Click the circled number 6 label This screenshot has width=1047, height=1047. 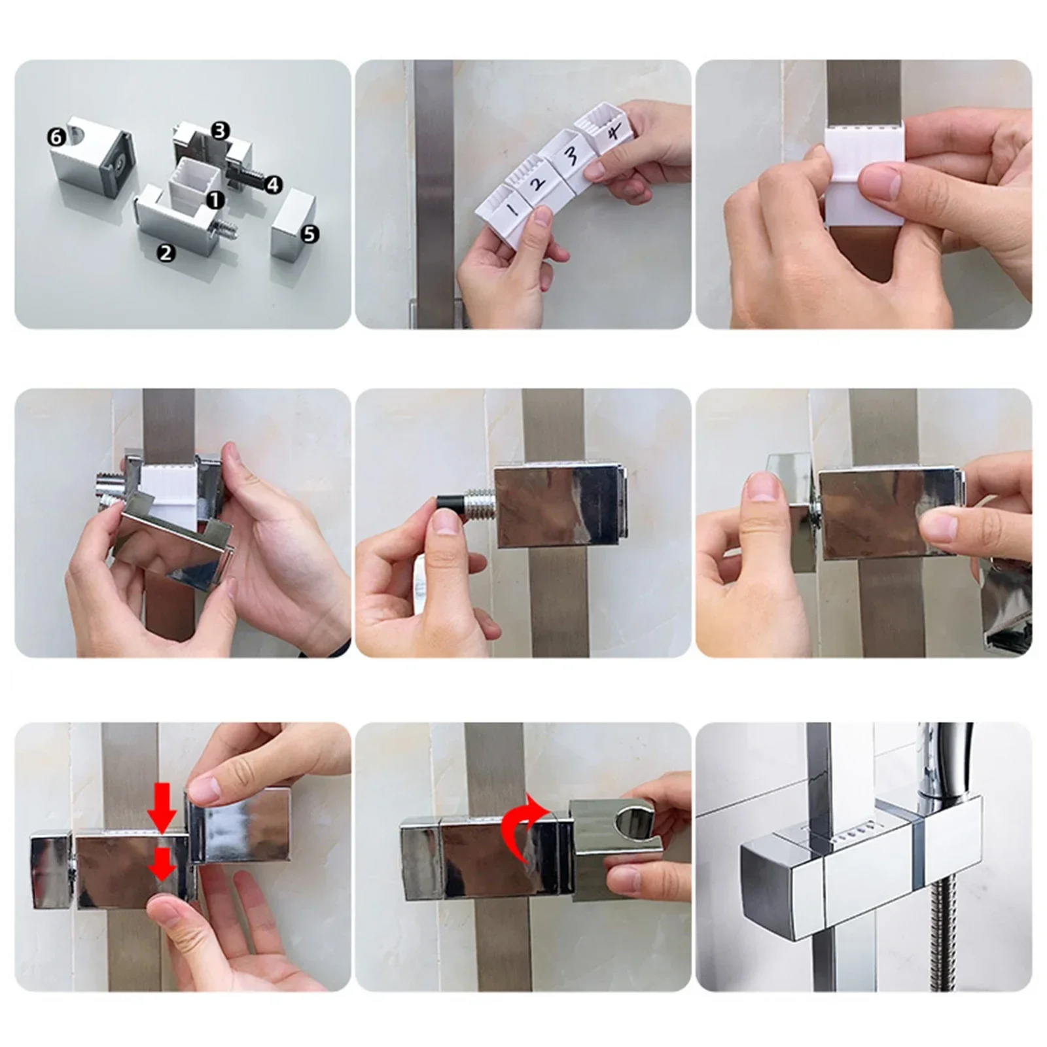click(x=56, y=137)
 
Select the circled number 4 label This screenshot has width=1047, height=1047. click(x=273, y=185)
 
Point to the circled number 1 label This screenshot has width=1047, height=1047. click(x=215, y=200)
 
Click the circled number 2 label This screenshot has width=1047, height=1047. click(x=166, y=252)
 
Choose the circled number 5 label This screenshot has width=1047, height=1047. click(x=310, y=234)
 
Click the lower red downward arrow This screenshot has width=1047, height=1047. click(x=162, y=868)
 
